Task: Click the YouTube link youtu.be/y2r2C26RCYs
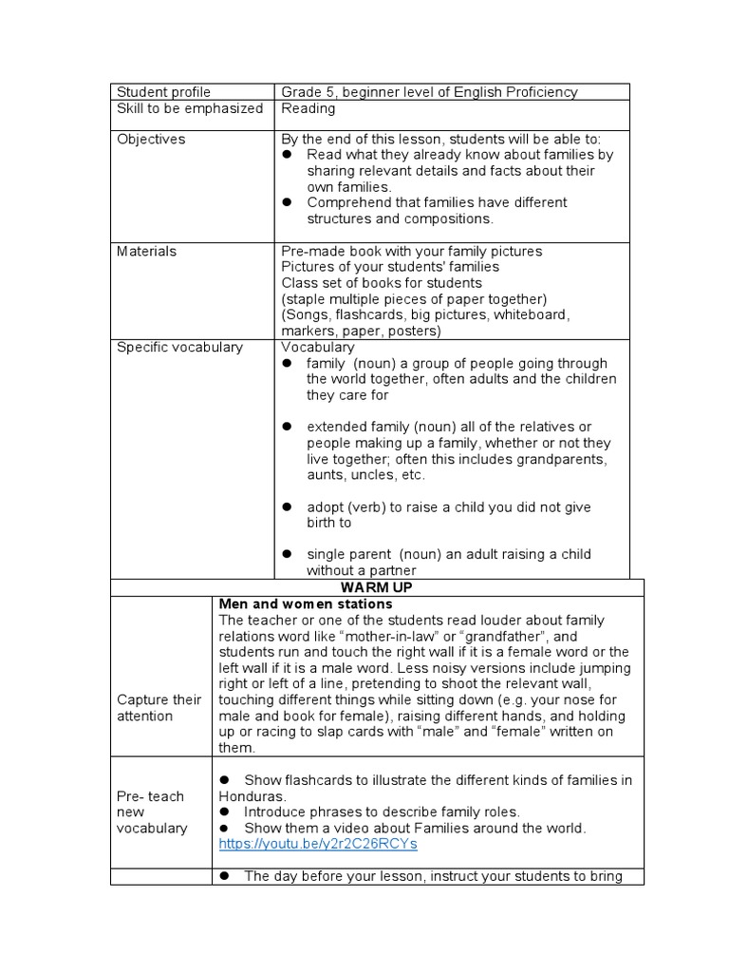point(317,844)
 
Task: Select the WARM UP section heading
point(377,587)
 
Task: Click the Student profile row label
point(163,92)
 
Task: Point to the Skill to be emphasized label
point(189,108)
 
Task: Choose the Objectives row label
point(151,139)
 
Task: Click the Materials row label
point(146,251)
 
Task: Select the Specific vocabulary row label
point(179,347)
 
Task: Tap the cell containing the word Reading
point(308,108)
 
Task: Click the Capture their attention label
point(159,708)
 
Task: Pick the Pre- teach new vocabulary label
point(152,811)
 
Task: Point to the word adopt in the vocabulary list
point(326,507)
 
